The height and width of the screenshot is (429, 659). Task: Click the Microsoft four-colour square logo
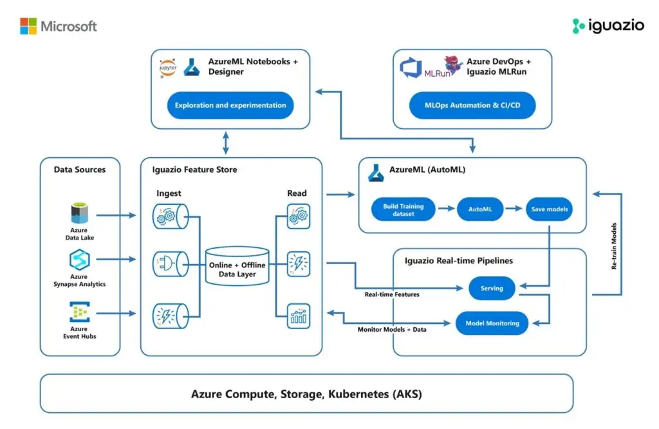click(x=28, y=26)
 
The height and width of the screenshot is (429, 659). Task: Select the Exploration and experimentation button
click(x=230, y=105)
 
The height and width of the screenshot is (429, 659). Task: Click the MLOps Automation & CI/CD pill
click(x=472, y=105)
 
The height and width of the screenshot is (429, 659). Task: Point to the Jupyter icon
click(x=168, y=68)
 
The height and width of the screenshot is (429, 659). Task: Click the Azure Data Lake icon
click(x=79, y=213)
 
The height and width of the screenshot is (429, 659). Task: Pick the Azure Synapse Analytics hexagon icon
click(x=79, y=260)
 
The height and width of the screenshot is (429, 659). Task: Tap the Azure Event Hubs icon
click(x=80, y=312)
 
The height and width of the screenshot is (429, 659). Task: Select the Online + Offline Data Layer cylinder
click(x=237, y=266)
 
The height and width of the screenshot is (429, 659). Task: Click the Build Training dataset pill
click(x=404, y=209)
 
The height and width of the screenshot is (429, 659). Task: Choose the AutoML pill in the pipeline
click(x=480, y=209)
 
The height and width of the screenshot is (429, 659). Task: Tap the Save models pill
click(x=550, y=209)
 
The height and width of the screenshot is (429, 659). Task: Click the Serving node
click(x=492, y=288)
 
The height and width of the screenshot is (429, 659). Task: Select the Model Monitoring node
click(x=492, y=323)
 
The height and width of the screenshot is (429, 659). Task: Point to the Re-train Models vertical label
click(x=614, y=246)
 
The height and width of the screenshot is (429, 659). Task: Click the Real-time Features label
click(x=392, y=294)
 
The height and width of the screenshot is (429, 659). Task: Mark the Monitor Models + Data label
click(x=392, y=329)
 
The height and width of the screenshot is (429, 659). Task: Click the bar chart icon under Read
click(x=299, y=316)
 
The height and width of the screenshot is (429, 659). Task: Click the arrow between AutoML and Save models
click(x=514, y=208)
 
